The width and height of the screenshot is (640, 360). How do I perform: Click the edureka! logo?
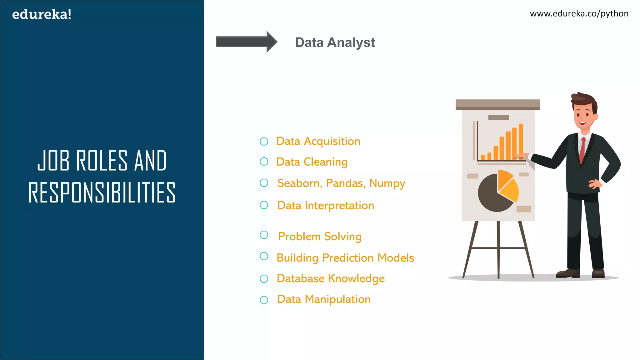click(x=42, y=14)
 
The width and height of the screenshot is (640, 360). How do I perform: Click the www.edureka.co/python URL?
click(x=579, y=13)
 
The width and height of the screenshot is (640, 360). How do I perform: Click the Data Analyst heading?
click(x=335, y=42)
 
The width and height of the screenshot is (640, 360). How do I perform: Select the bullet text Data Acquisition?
click(x=318, y=141)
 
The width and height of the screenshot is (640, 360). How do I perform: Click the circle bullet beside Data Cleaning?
click(x=264, y=162)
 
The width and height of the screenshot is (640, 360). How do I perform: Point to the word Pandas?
click(x=345, y=183)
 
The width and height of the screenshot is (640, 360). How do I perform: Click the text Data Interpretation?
click(x=326, y=206)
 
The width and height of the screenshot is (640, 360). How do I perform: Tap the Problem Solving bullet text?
click(x=320, y=237)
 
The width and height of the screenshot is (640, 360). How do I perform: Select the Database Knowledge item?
click(x=331, y=278)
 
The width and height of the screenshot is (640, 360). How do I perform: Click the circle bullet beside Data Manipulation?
click(x=264, y=300)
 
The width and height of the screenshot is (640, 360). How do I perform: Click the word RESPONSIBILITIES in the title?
click(x=102, y=192)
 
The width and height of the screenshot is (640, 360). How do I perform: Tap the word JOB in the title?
click(x=53, y=161)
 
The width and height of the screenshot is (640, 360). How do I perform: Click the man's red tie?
click(x=582, y=150)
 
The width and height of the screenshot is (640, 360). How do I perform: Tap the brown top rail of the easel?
click(x=497, y=104)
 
